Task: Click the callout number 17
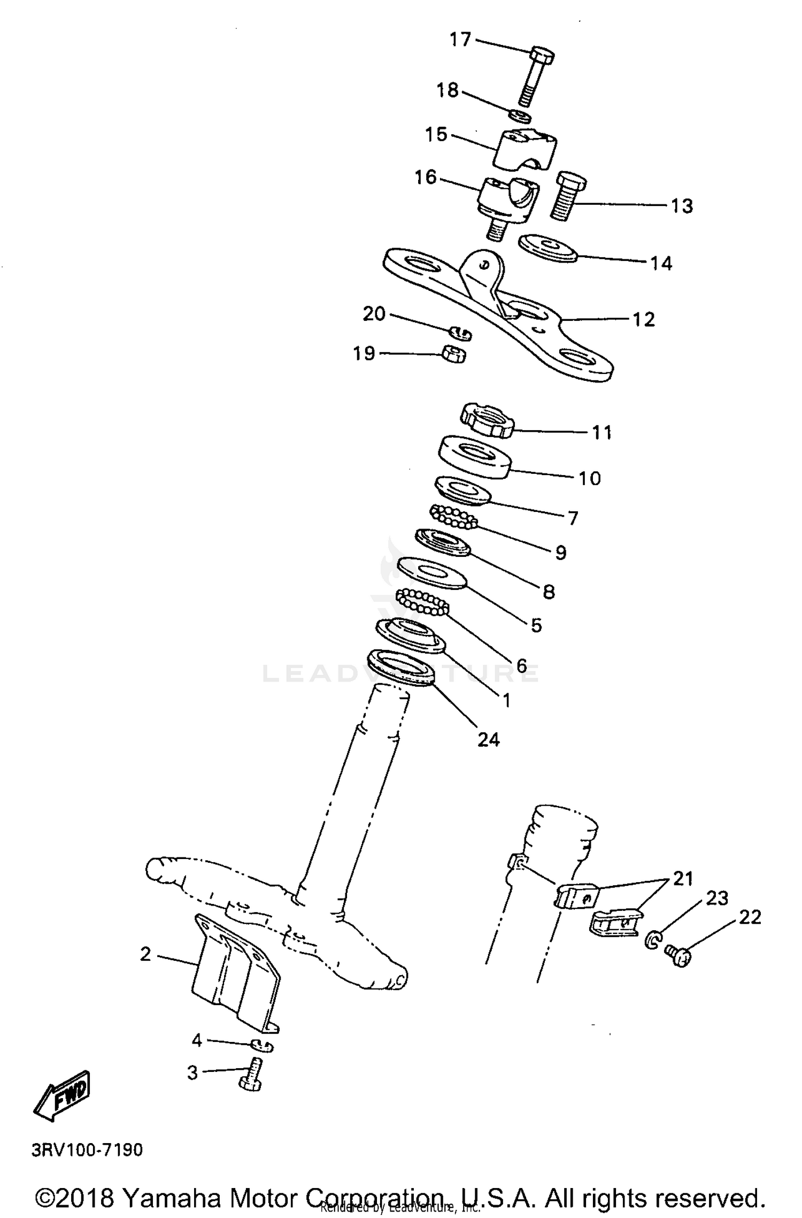point(460,40)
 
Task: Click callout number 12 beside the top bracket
point(643,319)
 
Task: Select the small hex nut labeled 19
point(454,354)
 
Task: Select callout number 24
point(488,740)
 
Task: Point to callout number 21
point(683,878)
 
